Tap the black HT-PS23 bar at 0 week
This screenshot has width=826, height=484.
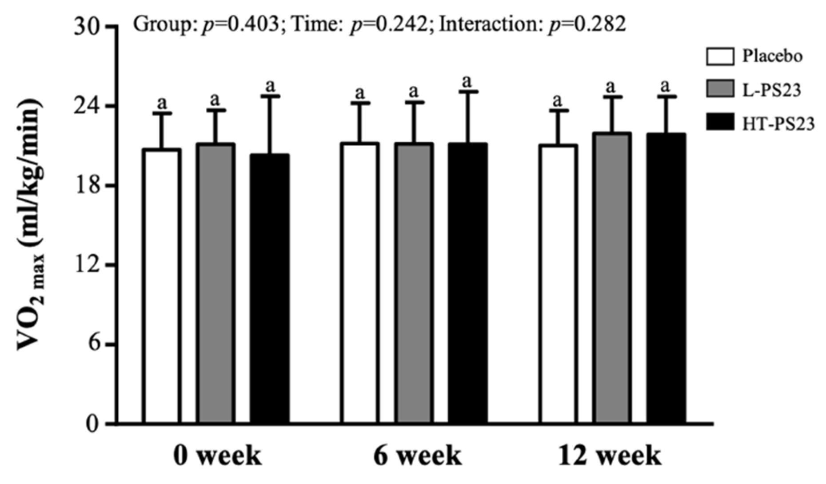tap(270, 288)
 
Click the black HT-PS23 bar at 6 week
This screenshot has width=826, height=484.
tap(468, 283)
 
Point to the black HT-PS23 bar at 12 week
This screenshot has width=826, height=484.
tap(666, 278)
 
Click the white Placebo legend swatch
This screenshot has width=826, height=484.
tap(720, 57)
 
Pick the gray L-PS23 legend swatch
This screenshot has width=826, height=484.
tap(720, 90)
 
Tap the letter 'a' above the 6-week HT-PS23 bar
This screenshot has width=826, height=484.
tap(467, 81)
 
